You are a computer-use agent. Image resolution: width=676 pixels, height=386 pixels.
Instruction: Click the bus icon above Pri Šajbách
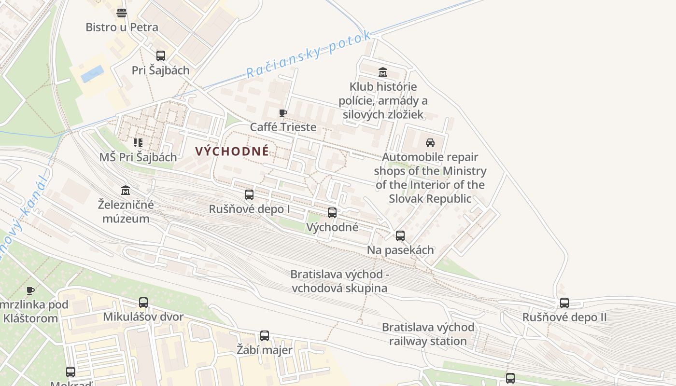[x=161, y=56]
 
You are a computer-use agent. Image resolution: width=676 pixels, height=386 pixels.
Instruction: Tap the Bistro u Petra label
[x=122, y=27]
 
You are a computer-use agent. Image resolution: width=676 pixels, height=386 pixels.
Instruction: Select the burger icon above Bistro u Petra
[x=122, y=13]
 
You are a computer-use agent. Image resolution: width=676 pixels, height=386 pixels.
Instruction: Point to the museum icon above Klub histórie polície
[x=383, y=72]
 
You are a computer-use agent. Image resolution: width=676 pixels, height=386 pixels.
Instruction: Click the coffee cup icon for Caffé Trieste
[x=283, y=113]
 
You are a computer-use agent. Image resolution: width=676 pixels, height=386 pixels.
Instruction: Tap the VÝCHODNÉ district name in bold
[x=232, y=151]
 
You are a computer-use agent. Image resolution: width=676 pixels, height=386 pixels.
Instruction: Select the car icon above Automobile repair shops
[x=430, y=143]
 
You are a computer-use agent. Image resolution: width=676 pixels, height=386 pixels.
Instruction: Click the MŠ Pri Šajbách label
[x=138, y=157]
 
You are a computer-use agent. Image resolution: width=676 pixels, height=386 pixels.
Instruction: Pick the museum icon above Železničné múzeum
[x=126, y=190]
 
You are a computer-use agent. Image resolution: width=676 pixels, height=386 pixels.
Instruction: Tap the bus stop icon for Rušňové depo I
[x=249, y=195]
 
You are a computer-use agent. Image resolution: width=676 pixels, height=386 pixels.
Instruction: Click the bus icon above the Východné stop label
[x=332, y=213]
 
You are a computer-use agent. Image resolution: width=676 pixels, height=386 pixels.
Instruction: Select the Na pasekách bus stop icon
[x=400, y=236]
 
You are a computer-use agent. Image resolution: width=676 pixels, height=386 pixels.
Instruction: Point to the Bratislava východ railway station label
[x=428, y=334]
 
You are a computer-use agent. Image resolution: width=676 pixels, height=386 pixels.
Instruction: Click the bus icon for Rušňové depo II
[x=564, y=303]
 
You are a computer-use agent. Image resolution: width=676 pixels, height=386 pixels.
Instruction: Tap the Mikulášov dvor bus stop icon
[x=143, y=303]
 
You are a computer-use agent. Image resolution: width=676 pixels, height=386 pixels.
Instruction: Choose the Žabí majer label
[x=265, y=350]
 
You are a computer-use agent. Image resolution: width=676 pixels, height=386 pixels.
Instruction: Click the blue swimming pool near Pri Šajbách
[x=92, y=74]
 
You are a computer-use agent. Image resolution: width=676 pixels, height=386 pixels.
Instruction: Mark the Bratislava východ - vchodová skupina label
[x=339, y=281]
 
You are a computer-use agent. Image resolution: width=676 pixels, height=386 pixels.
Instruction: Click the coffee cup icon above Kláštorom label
[x=30, y=290]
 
